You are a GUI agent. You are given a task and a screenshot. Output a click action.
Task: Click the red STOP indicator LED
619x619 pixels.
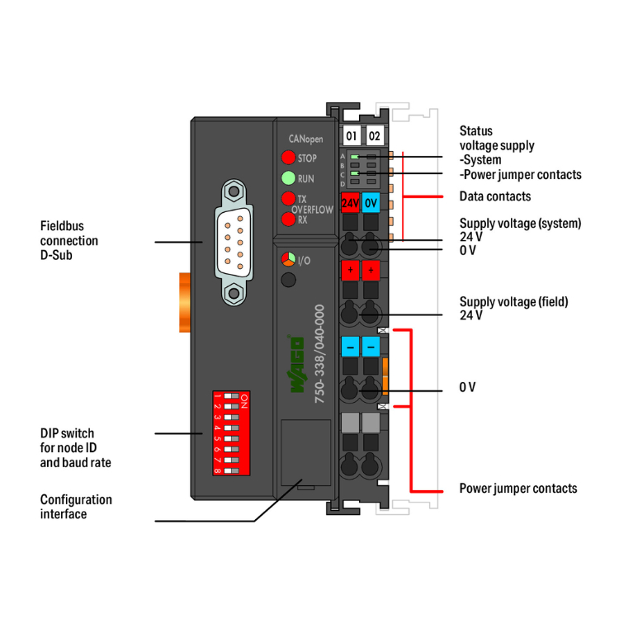click(x=288, y=158)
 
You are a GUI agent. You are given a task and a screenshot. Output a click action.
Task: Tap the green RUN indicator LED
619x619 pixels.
click(x=288, y=177)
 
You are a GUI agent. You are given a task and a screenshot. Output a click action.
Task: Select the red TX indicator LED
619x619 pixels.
click(x=288, y=198)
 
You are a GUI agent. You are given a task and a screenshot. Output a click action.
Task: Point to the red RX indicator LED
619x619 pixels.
click(x=288, y=220)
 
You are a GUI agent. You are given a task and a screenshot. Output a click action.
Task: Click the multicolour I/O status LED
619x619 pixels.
click(x=288, y=260)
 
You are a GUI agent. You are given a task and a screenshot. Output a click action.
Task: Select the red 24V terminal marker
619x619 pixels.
click(x=350, y=201)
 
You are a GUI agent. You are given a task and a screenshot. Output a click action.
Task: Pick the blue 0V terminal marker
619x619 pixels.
click(x=371, y=201)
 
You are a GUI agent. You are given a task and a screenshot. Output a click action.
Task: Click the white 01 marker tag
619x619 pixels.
click(x=352, y=135)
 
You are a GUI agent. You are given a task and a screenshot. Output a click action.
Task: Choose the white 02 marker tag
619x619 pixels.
click(x=374, y=135)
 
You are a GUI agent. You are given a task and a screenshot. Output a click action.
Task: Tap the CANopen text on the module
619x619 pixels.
click(x=305, y=139)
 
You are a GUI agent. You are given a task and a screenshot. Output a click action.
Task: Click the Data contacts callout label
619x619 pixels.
click(x=494, y=196)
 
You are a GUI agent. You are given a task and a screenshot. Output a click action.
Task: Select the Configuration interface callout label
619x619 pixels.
click(x=76, y=507)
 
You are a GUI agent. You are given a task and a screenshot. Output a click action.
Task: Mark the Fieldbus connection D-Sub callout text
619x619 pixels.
click(x=69, y=239)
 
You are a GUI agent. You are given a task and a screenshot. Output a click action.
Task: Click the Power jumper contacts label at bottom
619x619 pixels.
click(x=517, y=489)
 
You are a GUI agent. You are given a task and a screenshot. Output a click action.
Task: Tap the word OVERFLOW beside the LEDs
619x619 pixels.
click(x=313, y=210)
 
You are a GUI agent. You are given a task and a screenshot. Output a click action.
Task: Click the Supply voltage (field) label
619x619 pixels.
click(x=513, y=308)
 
